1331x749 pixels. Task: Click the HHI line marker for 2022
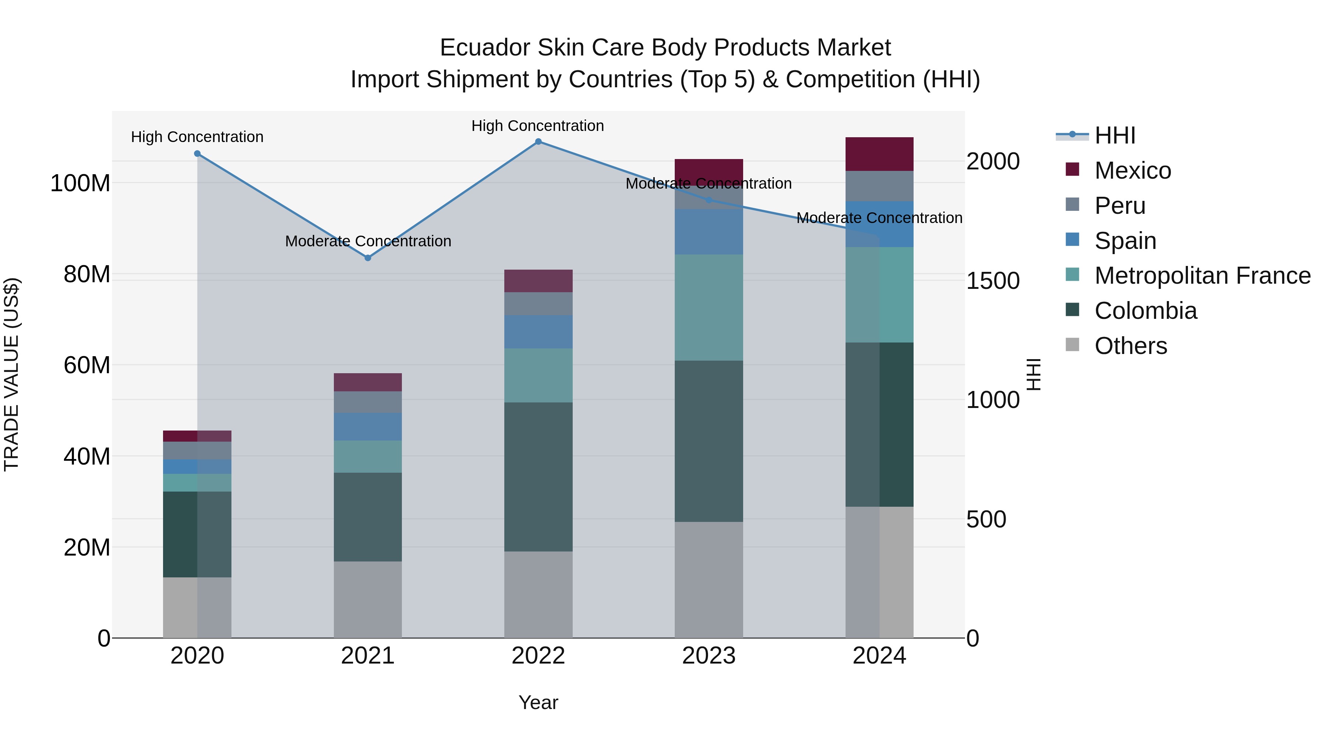(x=538, y=142)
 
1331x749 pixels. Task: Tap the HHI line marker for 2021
(x=368, y=258)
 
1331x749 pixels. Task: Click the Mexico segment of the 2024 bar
(x=879, y=154)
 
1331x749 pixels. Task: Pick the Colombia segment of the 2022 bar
(x=538, y=477)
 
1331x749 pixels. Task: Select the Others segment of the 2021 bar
(x=368, y=599)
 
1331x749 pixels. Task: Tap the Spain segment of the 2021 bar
(x=368, y=426)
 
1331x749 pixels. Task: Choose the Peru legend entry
(x=1119, y=206)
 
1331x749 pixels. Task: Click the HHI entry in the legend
(x=1114, y=135)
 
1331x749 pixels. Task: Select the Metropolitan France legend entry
(x=1202, y=276)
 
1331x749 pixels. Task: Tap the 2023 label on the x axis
(x=708, y=656)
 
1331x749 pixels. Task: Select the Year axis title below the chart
(x=538, y=702)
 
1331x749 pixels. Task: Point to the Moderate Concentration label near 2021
(x=368, y=241)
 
